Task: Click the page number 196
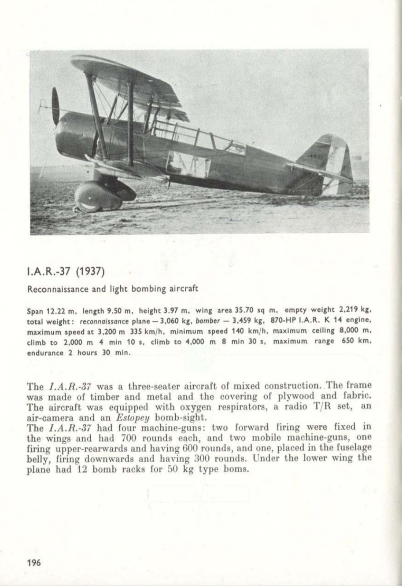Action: tap(33, 562)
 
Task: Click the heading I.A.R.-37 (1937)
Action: tap(66, 271)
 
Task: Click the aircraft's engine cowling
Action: tap(73, 134)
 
